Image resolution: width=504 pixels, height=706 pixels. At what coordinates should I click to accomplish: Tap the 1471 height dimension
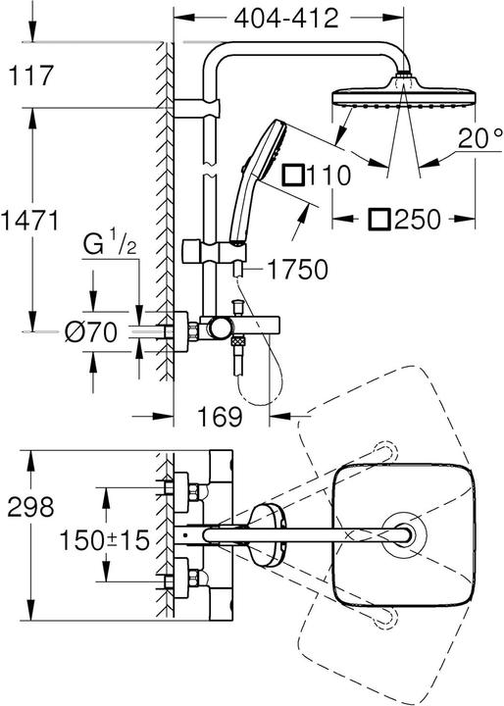(x=35, y=218)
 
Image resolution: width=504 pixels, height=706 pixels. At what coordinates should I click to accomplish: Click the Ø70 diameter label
(x=91, y=333)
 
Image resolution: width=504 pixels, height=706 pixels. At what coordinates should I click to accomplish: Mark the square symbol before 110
(x=290, y=176)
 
